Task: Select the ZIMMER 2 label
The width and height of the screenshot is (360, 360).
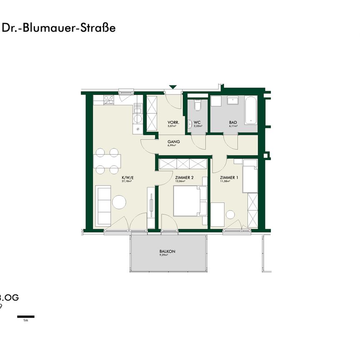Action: coord(185,177)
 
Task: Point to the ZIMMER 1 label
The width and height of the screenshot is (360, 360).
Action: coord(229,177)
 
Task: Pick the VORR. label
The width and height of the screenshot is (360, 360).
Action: coord(173,122)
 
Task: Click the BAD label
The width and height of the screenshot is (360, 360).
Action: coord(233,122)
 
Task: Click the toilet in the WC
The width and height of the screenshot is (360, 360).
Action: coord(197,106)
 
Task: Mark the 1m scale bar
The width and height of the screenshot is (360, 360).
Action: coord(25,317)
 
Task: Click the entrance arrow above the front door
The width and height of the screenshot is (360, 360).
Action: coord(172,87)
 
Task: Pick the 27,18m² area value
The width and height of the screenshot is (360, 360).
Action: coord(127,182)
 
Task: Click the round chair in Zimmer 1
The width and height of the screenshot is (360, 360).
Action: coord(230,215)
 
